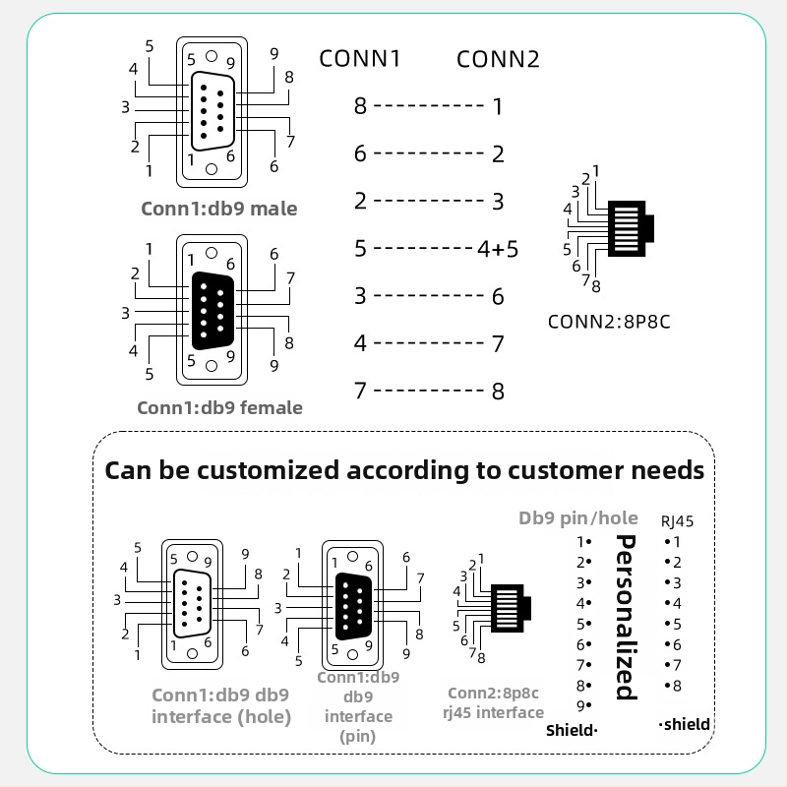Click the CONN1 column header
(x=360, y=59)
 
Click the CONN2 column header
(x=498, y=59)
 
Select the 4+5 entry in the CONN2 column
(x=498, y=249)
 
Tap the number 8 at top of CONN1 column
(x=360, y=106)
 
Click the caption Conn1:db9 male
(x=218, y=209)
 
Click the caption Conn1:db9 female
(x=219, y=407)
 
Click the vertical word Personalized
(x=624, y=617)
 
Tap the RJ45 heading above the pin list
(x=677, y=521)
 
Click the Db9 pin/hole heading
(x=578, y=518)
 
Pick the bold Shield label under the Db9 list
(x=572, y=730)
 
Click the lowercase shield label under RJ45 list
(x=685, y=724)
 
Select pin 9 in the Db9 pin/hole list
(x=583, y=705)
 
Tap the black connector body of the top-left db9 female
(x=212, y=310)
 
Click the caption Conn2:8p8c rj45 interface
(x=495, y=702)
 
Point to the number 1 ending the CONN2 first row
(x=498, y=106)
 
